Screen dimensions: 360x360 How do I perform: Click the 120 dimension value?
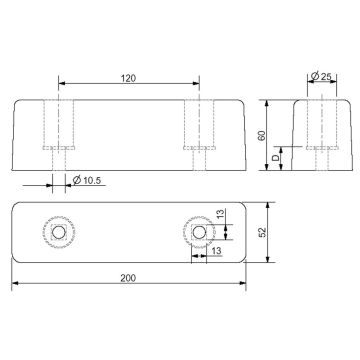(x=128, y=78)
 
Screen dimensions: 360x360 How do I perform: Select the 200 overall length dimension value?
(x=128, y=278)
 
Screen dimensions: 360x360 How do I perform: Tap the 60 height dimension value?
(x=262, y=135)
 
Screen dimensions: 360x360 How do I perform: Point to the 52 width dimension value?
(x=263, y=232)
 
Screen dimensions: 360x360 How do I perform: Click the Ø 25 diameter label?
(x=321, y=76)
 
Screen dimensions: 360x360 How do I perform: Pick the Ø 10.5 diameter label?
(x=87, y=181)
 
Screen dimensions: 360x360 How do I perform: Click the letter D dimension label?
(x=275, y=158)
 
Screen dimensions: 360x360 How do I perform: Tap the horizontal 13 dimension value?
(x=217, y=251)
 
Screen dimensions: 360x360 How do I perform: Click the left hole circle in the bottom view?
(x=59, y=232)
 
